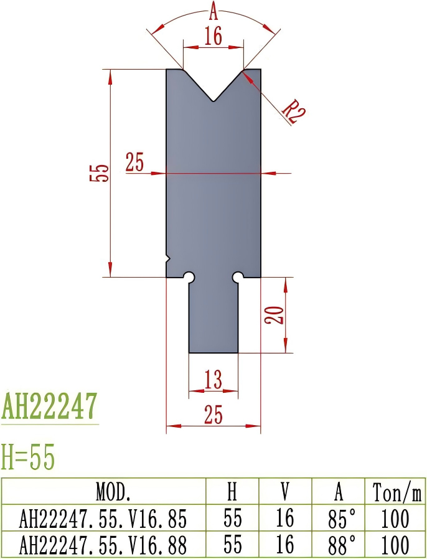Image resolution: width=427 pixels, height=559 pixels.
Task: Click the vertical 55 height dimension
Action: [x=100, y=173]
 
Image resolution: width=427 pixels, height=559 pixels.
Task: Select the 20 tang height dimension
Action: [x=278, y=315]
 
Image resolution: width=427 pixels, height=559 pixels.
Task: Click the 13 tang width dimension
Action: [x=213, y=379]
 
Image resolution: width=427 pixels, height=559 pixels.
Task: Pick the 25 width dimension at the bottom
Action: [x=213, y=415]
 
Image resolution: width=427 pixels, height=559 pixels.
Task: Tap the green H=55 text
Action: [x=28, y=458]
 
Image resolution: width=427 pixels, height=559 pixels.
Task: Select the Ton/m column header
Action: [x=397, y=492]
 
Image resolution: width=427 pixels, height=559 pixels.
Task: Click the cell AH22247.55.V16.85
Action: [x=104, y=518]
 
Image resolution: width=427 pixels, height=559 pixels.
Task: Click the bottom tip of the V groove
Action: [x=213, y=101]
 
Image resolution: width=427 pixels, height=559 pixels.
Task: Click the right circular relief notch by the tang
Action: [x=237, y=276]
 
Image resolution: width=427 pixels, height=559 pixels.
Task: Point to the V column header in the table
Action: [x=285, y=492]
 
